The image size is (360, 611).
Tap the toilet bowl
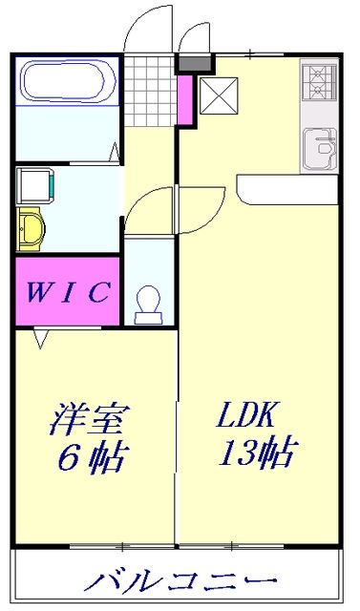tap(148, 304)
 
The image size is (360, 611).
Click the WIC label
tap(67, 291)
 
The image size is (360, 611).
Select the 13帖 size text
tap(256, 453)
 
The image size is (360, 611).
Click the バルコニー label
tap(181, 579)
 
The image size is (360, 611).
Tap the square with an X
tap(216, 95)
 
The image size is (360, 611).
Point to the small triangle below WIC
tap(42, 337)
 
